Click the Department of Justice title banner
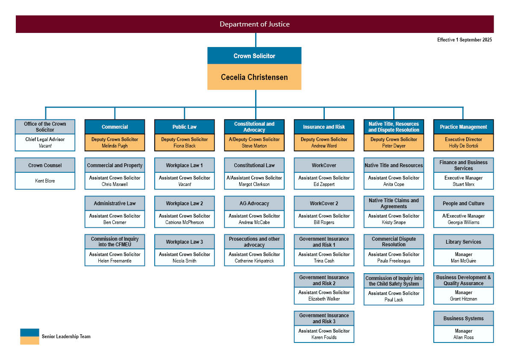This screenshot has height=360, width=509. pyautogui.click(x=255, y=24)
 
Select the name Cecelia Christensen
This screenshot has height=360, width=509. pyautogui.click(x=254, y=77)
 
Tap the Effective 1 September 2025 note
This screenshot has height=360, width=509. pyautogui.click(x=464, y=40)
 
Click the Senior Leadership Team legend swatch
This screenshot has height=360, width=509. pyautogui.click(x=29, y=336)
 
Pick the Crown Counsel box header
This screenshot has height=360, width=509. pyautogui.click(x=45, y=165)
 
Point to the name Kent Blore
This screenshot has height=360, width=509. pyautogui.click(x=45, y=181)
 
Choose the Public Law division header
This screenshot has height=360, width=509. pyautogui.click(x=184, y=127)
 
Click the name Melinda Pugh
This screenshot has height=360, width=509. pyautogui.click(x=115, y=146)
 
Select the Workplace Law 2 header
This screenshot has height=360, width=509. pyautogui.click(x=184, y=204)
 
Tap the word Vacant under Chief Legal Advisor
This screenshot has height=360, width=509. pyautogui.click(x=45, y=146)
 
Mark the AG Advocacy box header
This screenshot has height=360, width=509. pyautogui.click(x=254, y=204)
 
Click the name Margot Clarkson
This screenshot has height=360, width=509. pyautogui.click(x=254, y=184)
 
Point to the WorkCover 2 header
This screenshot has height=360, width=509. pyautogui.click(x=324, y=204)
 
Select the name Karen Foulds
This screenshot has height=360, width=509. pyautogui.click(x=324, y=337)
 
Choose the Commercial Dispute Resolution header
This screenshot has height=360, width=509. pyautogui.click(x=394, y=242)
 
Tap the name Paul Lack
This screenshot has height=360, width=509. pyautogui.click(x=394, y=300)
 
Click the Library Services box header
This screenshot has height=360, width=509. pyautogui.click(x=464, y=242)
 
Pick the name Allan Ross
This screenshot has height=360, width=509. pyautogui.click(x=464, y=337)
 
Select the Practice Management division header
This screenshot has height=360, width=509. pyautogui.click(x=464, y=127)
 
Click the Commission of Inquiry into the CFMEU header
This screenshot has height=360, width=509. pyautogui.click(x=115, y=242)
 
